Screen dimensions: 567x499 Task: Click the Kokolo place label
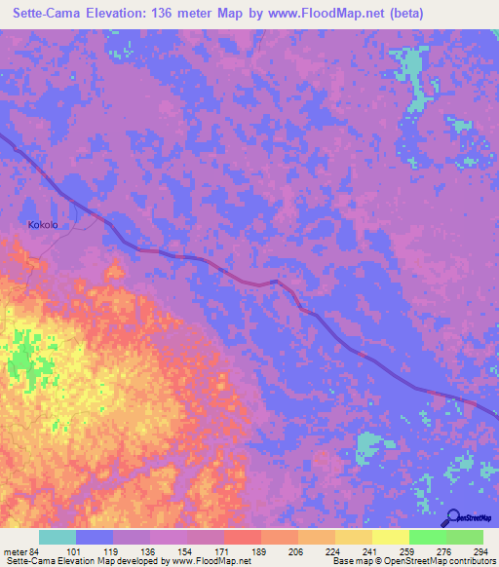[x=42, y=225]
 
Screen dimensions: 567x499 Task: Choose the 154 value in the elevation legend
[x=186, y=551]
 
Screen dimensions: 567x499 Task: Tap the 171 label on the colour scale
[x=223, y=551]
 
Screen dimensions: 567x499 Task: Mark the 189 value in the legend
[x=260, y=551]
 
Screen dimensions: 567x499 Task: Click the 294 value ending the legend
[x=479, y=551]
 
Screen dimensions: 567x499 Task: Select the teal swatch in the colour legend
[x=58, y=537]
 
